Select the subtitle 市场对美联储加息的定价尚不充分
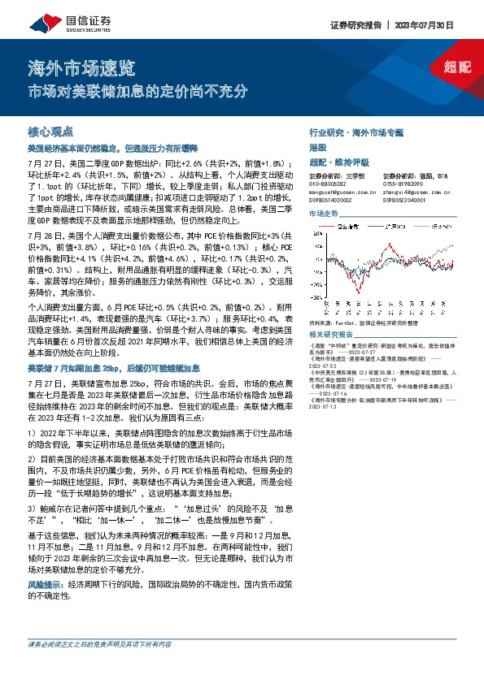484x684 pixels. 137,90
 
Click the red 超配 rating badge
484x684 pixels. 457,67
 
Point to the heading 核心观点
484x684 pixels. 50,130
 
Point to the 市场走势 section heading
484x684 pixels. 323,213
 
